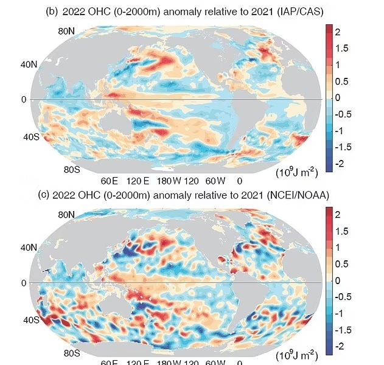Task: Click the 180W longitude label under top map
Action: click(x=166, y=181)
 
